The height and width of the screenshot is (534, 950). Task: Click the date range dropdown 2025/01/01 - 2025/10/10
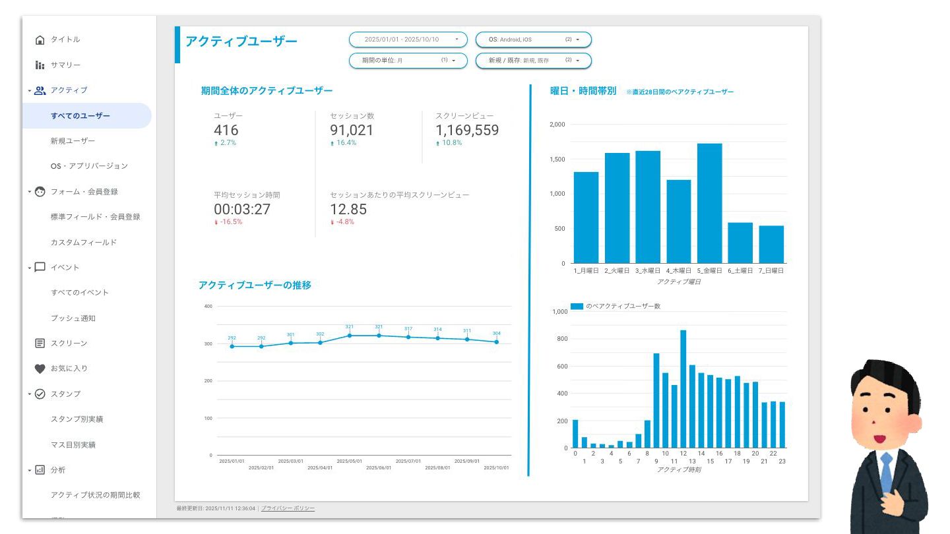pyautogui.click(x=408, y=40)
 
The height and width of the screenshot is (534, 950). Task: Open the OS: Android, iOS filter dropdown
pyautogui.click(x=533, y=40)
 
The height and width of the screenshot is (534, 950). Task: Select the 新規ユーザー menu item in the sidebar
pyautogui.click(x=73, y=140)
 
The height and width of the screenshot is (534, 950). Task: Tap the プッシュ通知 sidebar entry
pyautogui.click(x=73, y=318)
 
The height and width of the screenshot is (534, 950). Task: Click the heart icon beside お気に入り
pyautogui.click(x=40, y=369)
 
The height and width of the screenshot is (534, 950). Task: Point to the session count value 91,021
pyautogui.click(x=352, y=131)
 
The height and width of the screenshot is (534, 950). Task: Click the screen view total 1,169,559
pyautogui.click(x=467, y=131)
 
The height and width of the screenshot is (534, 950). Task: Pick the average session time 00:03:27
pyautogui.click(x=242, y=210)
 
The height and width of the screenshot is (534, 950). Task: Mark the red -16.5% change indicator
pyautogui.click(x=228, y=222)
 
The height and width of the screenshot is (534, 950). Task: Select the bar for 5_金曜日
pyautogui.click(x=709, y=203)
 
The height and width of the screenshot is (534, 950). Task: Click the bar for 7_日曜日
pyautogui.click(x=771, y=244)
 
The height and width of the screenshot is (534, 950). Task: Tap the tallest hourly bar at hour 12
pyautogui.click(x=683, y=389)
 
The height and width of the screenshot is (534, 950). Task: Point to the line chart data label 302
pyautogui.click(x=320, y=334)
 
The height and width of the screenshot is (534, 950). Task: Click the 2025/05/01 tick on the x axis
pyautogui.click(x=350, y=461)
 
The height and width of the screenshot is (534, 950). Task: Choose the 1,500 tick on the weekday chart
pyautogui.click(x=557, y=159)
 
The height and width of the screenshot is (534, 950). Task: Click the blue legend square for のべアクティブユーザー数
pyautogui.click(x=577, y=306)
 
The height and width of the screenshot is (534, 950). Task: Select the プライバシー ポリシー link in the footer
pyautogui.click(x=288, y=508)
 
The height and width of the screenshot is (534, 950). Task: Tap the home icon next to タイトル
pyautogui.click(x=40, y=40)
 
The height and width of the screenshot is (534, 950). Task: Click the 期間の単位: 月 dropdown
pyautogui.click(x=408, y=61)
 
